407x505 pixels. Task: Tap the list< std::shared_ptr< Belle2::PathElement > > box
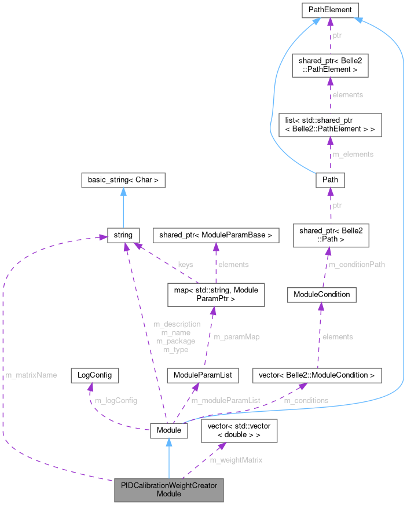click(329, 125)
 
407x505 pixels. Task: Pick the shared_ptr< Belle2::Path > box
click(328, 235)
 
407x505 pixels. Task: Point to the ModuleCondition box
click(321, 294)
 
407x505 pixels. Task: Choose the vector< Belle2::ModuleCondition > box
click(317, 375)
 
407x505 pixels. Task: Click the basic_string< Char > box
click(123, 180)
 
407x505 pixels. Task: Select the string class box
click(123, 235)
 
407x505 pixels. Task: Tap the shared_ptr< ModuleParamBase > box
click(215, 235)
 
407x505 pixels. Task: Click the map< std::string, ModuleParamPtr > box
click(215, 294)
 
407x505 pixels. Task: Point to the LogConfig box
click(95, 375)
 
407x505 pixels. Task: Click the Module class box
click(168, 430)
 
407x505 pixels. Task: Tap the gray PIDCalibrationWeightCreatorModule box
click(168, 490)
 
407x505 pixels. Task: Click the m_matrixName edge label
click(31, 375)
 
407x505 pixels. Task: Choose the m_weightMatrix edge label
click(236, 460)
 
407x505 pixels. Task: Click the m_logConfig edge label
click(116, 400)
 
